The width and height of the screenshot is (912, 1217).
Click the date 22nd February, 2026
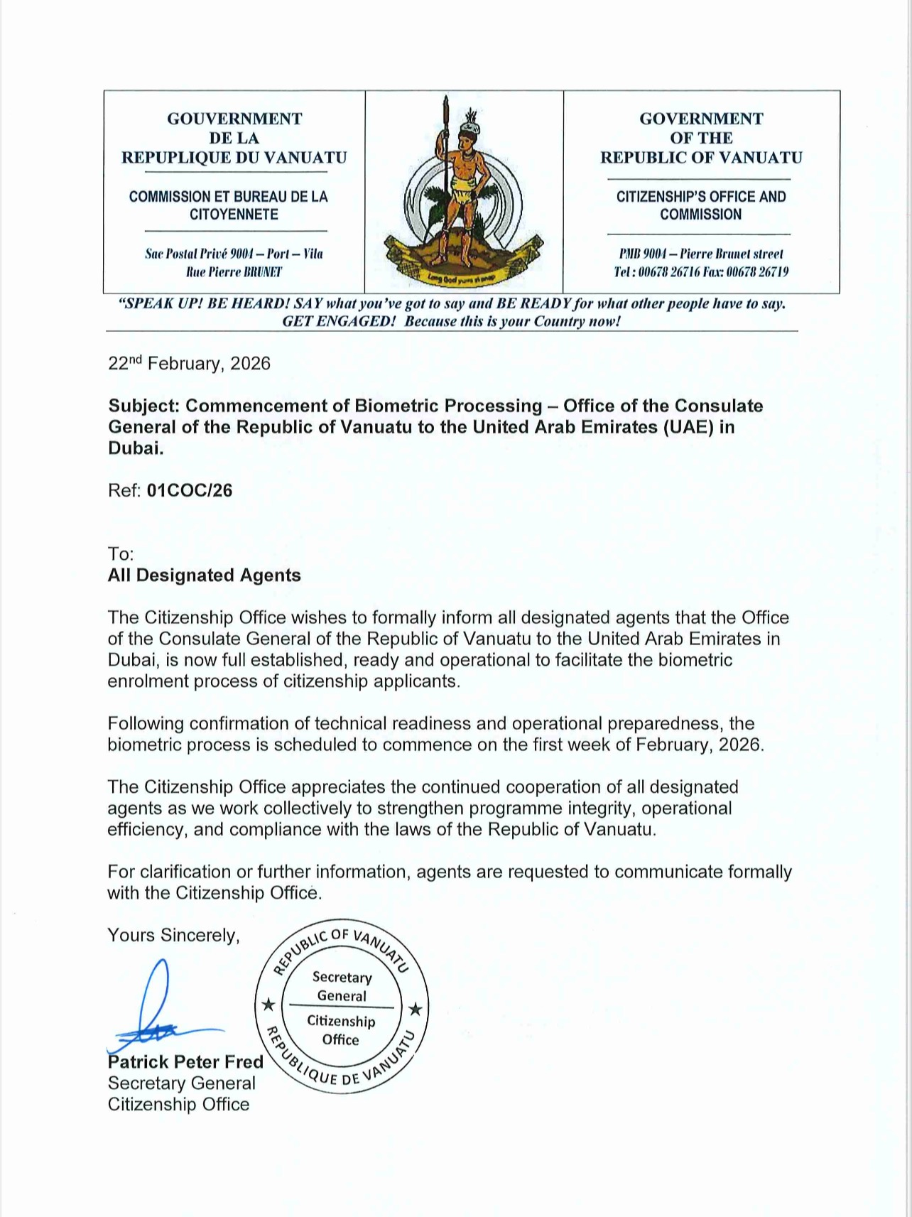[189, 364]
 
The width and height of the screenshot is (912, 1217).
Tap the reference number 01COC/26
[190, 491]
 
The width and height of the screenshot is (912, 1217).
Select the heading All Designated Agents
[204, 575]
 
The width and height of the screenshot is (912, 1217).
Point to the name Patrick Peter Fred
[185, 1062]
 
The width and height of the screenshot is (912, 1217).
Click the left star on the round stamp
[268, 1005]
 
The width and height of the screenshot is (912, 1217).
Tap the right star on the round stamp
[416, 1009]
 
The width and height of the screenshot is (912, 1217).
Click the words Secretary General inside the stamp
[342, 987]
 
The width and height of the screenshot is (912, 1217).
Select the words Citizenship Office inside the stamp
[341, 1030]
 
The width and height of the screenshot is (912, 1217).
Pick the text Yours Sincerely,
[173, 936]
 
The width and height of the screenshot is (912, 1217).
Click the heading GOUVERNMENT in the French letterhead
[234, 119]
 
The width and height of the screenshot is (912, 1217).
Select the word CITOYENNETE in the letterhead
[234, 215]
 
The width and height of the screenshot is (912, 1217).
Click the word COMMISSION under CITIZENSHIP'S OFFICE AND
[700, 215]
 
